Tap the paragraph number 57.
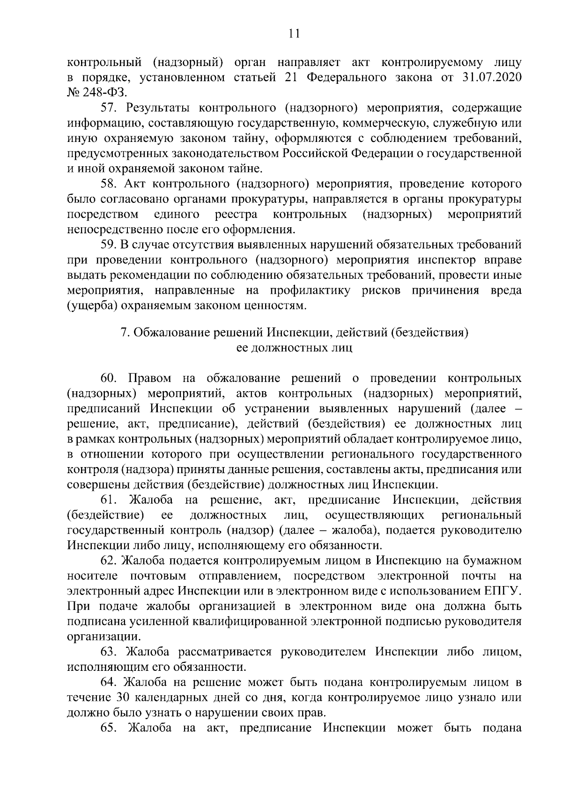[x=109, y=108]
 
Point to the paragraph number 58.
[x=109, y=184]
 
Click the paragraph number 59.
[x=109, y=245]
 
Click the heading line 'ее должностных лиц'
[x=294, y=348]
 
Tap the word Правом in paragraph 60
[x=149, y=378]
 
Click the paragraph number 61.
[x=109, y=500]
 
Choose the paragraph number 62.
[x=109, y=561]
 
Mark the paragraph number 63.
[x=109, y=652]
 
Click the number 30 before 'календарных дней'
[x=119, y=697]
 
